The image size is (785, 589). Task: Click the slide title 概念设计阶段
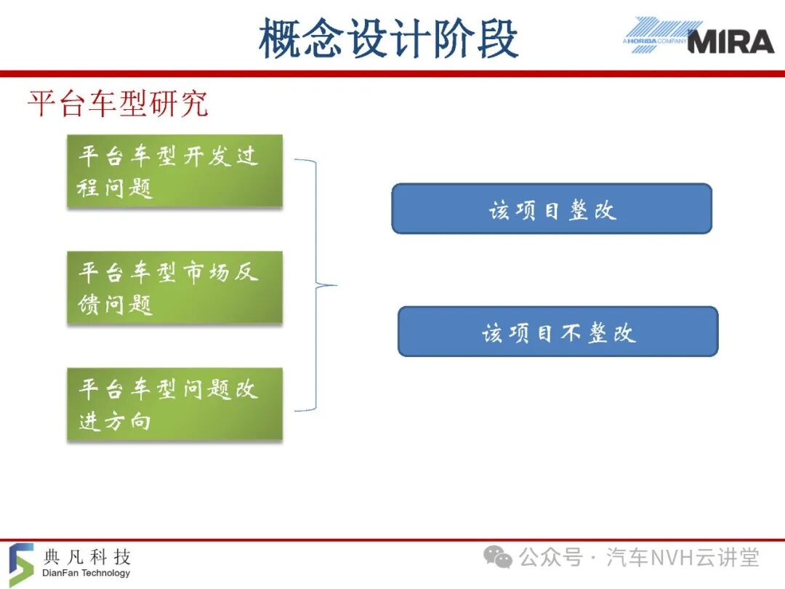coord(388,39)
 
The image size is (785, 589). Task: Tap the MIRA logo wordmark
coord(731,41)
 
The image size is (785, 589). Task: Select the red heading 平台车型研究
coord(118,104)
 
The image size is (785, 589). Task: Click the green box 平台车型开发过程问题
coord(174,171)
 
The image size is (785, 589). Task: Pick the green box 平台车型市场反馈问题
coord(174,287)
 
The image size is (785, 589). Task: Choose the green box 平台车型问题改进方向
coord(174,404)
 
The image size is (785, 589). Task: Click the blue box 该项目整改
coord(552,209)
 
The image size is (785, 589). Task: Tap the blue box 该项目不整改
coord(558,332)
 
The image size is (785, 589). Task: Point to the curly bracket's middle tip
coord(337,286)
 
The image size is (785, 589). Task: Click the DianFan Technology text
coord(86,572)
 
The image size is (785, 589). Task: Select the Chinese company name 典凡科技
coord(87,556)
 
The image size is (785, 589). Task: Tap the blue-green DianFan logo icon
coord(21,564)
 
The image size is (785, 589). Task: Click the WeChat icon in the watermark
coord(498,557)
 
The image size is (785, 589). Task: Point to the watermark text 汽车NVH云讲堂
coord(683,558)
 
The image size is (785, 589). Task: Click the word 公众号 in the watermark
coord(551,558)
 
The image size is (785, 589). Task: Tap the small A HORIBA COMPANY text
coord(655,41)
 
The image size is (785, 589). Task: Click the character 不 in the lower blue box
coord(571,332)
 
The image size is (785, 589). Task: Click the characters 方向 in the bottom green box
coord(127,421)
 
